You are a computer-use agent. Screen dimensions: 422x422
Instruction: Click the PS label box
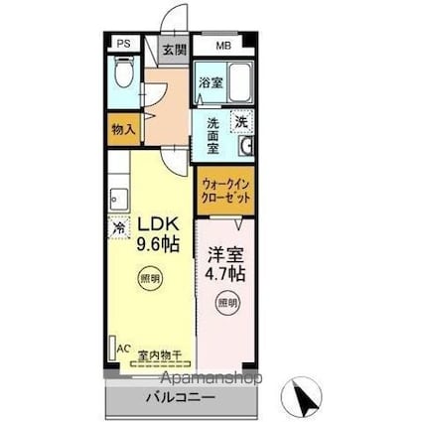123,44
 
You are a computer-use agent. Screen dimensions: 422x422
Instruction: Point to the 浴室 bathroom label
210,82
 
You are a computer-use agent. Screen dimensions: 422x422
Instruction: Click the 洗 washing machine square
241,120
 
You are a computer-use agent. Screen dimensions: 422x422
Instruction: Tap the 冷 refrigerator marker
118,227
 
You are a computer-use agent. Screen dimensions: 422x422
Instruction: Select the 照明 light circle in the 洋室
228,301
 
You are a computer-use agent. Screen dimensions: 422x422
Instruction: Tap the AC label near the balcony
124,349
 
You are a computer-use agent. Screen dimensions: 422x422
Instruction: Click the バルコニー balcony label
180,399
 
